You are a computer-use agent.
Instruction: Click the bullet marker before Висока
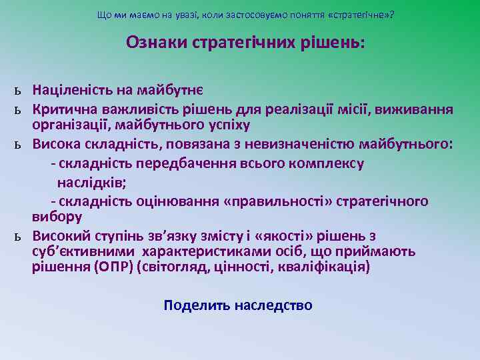click(x=21, y=145)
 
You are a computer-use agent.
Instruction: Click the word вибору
click(x=57, y=217)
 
